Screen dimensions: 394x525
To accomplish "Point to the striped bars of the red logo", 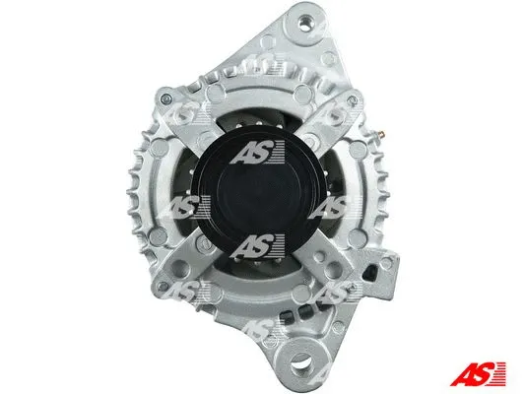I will (502, 374).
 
